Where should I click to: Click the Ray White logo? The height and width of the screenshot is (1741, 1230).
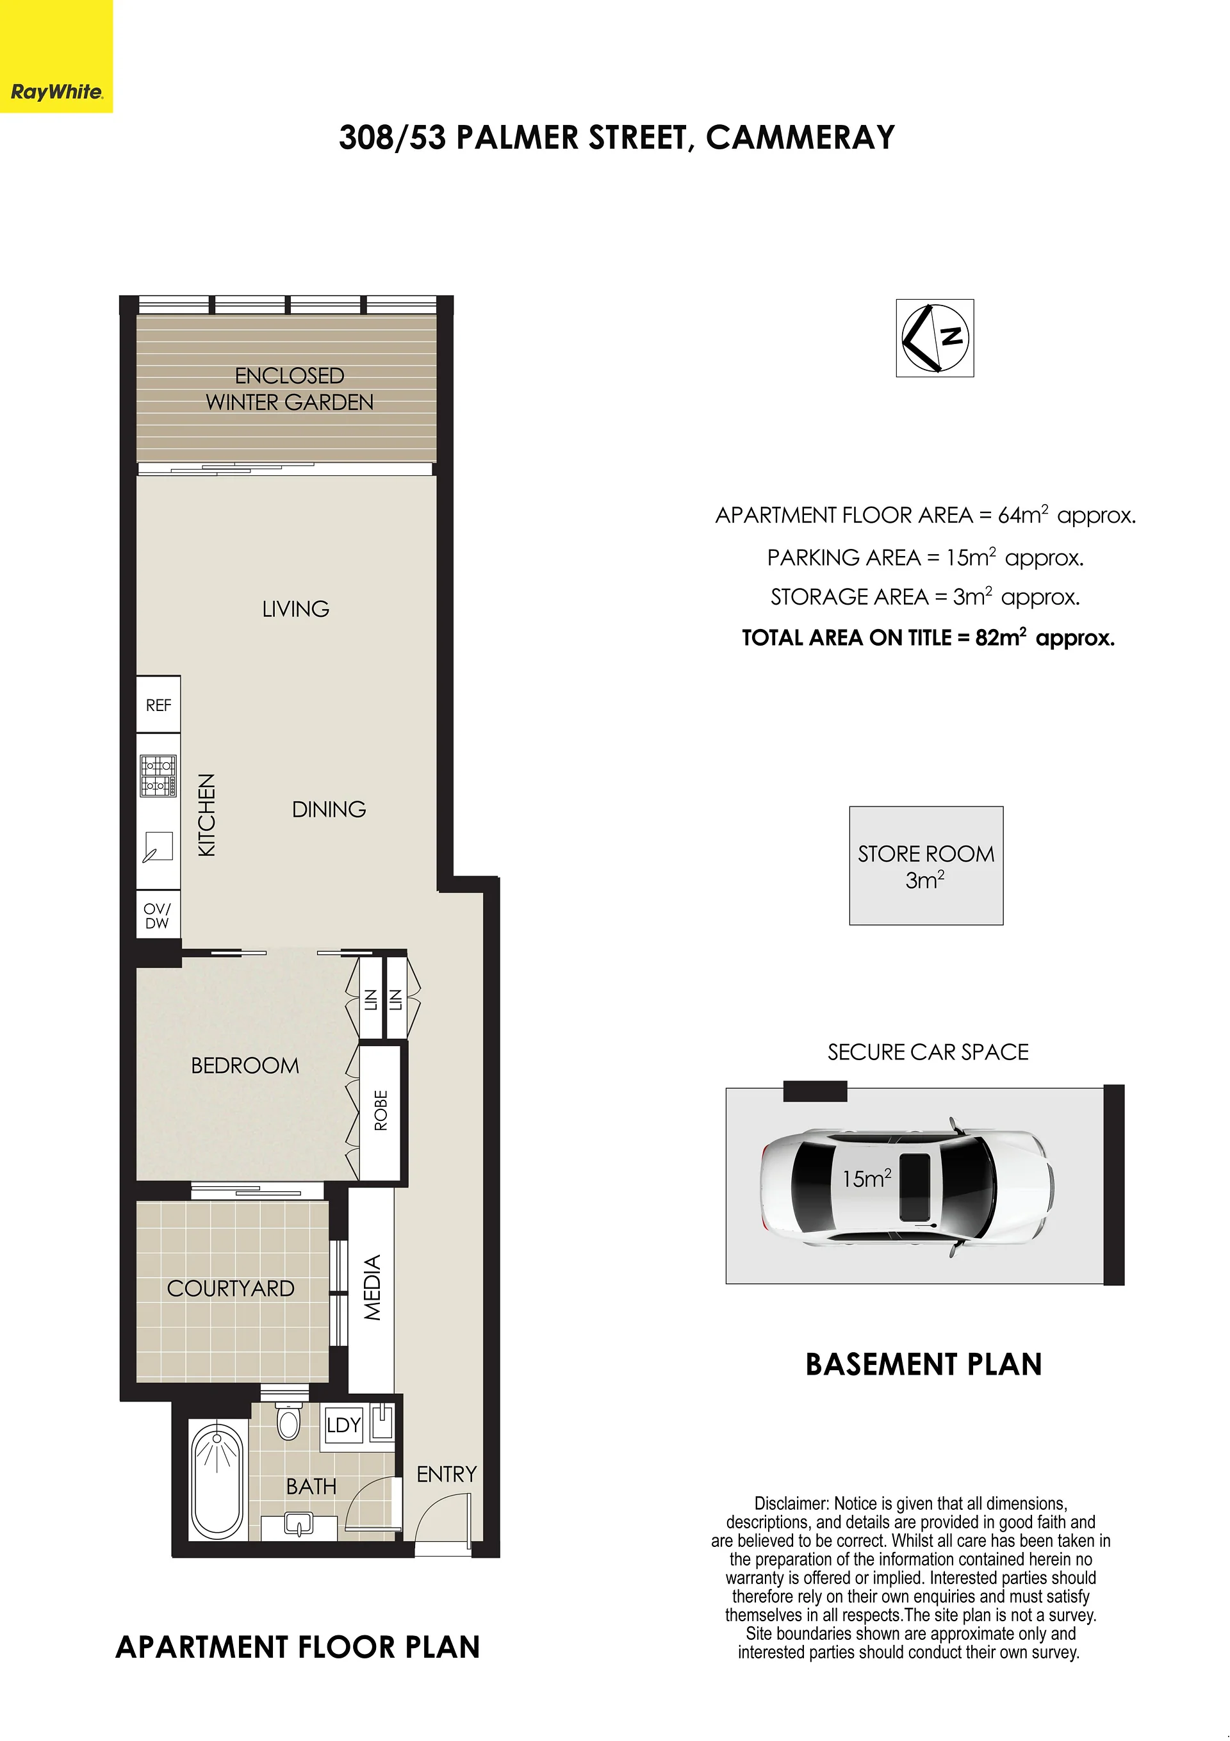[x=56, y=56]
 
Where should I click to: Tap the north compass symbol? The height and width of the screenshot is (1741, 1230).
[x=935, y=338]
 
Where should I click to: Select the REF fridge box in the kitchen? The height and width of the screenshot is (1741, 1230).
[x=158, y=705]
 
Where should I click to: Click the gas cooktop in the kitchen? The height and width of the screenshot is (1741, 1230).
[x=158, y=776]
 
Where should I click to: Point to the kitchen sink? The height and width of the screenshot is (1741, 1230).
[x=158, y=847]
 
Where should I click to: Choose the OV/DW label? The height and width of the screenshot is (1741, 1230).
[x=158, y=916]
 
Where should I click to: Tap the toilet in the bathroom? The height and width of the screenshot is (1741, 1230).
[x=289, y=1421]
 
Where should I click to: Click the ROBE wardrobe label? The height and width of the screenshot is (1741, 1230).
[x=381, y=1111]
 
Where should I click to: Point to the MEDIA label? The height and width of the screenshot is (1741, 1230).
[x=372, y=1287]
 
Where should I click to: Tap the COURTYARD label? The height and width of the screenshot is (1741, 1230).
[x=231, y=1288]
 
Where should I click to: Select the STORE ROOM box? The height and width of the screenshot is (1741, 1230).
[x=926, y=865]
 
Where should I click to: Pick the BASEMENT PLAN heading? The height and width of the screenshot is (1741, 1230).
[x=924, y=1365]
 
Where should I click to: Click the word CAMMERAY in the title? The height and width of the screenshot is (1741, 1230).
[x=800, y=137]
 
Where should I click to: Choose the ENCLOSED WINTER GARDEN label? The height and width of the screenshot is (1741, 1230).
[x=290, y=389]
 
